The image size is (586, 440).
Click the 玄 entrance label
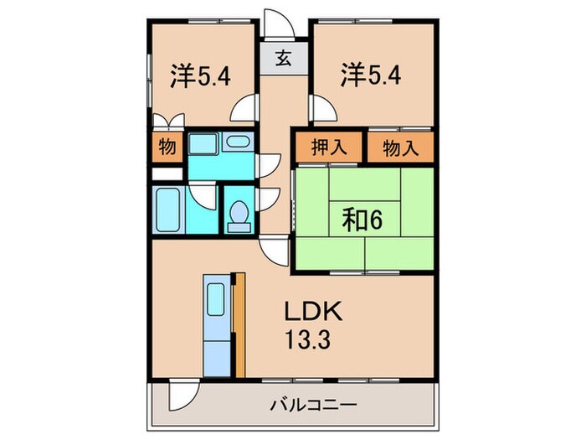283,60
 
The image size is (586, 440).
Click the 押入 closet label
327,148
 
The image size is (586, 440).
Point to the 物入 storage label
400,148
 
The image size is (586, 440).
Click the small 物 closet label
167,148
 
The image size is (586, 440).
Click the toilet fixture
239,216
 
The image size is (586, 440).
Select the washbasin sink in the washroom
238,142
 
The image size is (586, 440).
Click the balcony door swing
182,392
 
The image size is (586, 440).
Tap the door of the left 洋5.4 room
245,107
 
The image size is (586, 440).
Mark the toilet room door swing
269,201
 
